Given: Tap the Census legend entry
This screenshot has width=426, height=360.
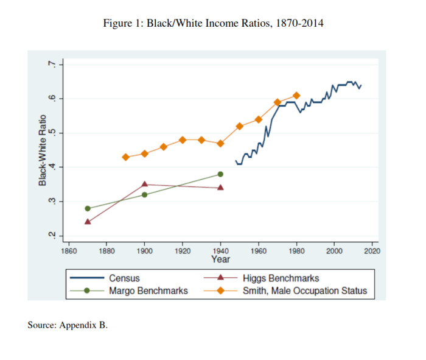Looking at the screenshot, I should (125, 278).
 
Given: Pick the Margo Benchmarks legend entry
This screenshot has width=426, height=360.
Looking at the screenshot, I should (148, 291).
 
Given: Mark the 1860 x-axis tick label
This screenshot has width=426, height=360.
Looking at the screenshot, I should (69, 250).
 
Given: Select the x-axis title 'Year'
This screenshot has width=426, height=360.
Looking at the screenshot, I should (220, 259).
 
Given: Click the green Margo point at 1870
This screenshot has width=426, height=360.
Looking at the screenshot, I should (88, 208).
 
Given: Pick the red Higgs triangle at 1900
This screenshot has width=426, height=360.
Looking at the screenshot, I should (144, 184).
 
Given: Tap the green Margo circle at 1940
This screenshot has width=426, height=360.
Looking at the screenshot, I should (220, 174).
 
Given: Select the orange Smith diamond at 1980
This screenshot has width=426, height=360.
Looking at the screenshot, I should (296, 95).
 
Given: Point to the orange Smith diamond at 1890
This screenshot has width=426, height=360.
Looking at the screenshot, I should (125, 157).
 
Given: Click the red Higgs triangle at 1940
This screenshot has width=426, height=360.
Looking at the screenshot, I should (220, 188).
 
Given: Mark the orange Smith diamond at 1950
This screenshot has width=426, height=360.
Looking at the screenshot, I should (239, 126).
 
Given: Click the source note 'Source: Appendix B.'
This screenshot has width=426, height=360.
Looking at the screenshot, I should (68, 325).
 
